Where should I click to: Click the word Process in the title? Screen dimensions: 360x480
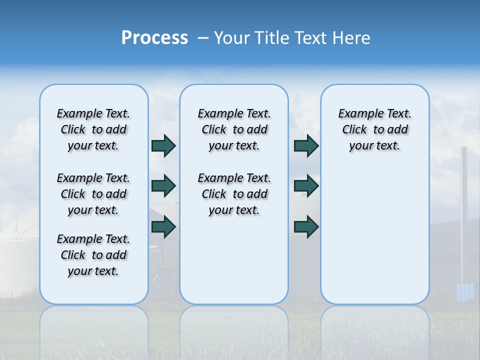click(154, 37)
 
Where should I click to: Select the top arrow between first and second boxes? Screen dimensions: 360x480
click(163, 145)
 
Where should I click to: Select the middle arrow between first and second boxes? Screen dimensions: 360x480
click(163, 186)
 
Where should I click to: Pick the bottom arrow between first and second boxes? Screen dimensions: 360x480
click(163, 227)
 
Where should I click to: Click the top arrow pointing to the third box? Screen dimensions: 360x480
click(306, 145)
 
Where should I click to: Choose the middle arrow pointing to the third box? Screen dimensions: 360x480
click(306, 186)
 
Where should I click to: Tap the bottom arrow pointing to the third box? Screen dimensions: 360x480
click(306, 227)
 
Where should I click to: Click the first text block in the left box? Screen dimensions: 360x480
click(93, 129)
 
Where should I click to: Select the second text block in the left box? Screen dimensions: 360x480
click(93, 194)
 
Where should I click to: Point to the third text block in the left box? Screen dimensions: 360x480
click(93, 255)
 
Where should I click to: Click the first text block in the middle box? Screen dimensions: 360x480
click(234, 129)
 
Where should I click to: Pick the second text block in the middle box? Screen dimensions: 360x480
click(234, 194)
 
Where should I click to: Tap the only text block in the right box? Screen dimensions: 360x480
click(374, 129)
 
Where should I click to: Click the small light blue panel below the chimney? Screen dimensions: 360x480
click(464, 291)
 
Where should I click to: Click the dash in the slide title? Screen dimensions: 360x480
click(203, 38)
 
